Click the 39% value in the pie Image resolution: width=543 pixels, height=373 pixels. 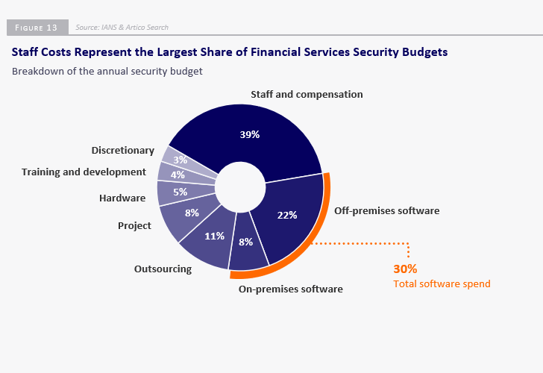coord(249,135)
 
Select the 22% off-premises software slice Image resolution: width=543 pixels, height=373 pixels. coord(287,215)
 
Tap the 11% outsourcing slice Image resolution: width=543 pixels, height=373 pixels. coord(215,236)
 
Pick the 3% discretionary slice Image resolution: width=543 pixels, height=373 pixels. coord(180,160)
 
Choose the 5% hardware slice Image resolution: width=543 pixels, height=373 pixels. coord(179,192)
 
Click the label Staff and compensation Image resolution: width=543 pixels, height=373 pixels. coord(307,95)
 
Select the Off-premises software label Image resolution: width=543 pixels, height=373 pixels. coord(386,210)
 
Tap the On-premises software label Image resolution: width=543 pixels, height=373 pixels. coord(291,289)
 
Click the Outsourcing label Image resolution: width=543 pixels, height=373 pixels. coord(163,269)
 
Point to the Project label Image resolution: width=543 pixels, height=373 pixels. coord(134,225)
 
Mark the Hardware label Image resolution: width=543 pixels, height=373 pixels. coord(122,198)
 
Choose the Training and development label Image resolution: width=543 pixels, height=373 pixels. coord(84,172)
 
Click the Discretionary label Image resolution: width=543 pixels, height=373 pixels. coord(123,151)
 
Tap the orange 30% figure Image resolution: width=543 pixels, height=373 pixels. coord(405,269)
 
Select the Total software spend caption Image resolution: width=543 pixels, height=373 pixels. coord(442,283)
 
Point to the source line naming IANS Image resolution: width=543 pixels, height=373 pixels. coord(122,28)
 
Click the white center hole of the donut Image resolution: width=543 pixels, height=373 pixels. coord(240,184)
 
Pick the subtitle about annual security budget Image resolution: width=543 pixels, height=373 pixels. coord(107,72)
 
